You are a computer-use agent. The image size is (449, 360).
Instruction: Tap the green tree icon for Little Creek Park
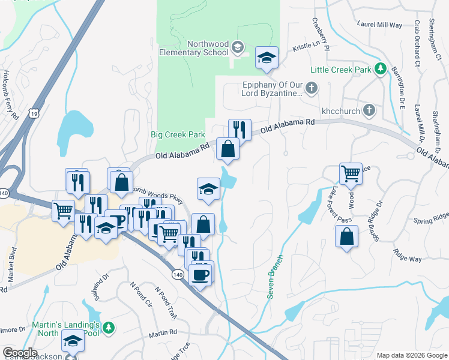click(x=380, y=70)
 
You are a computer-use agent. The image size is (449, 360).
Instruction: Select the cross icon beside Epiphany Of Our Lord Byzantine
click(x=311, y=89)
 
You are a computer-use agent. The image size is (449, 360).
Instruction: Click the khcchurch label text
click(x=339, y=110)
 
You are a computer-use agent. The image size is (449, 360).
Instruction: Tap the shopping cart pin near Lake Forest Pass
click(x=351, y=174)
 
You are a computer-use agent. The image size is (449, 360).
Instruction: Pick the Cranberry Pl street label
click(x=321, y=34)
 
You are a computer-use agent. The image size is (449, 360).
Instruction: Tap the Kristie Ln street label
click(x=307, y=46)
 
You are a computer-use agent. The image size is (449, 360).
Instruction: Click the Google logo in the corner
click(x=20, y=353)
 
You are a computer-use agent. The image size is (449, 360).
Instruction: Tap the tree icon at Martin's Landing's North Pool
click(x=108, y=328)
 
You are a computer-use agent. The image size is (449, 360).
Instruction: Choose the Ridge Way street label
click(x=407, y=254)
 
